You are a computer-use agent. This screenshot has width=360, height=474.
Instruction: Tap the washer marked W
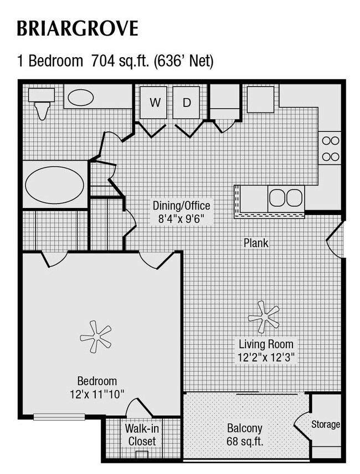point(155,103)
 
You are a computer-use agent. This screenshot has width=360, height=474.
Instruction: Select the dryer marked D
point(187,103)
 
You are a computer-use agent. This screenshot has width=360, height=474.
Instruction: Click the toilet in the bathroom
point(42,105)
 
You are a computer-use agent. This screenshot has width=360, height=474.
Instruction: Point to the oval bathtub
point(54,185)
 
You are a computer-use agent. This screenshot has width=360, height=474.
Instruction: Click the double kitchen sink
point(286,197)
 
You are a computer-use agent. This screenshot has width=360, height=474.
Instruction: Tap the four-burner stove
point(330,148)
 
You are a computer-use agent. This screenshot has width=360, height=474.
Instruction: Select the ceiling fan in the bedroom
point(95,335)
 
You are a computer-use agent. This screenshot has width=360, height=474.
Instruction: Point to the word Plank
point(256,242)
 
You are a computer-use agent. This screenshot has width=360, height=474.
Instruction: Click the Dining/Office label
point(181,206)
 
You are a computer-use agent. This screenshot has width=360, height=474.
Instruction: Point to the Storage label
point(325,425)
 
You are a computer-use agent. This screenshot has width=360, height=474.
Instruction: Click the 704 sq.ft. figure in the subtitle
point(119,61)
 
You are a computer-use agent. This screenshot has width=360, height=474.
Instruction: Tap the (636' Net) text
point(185,61)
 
